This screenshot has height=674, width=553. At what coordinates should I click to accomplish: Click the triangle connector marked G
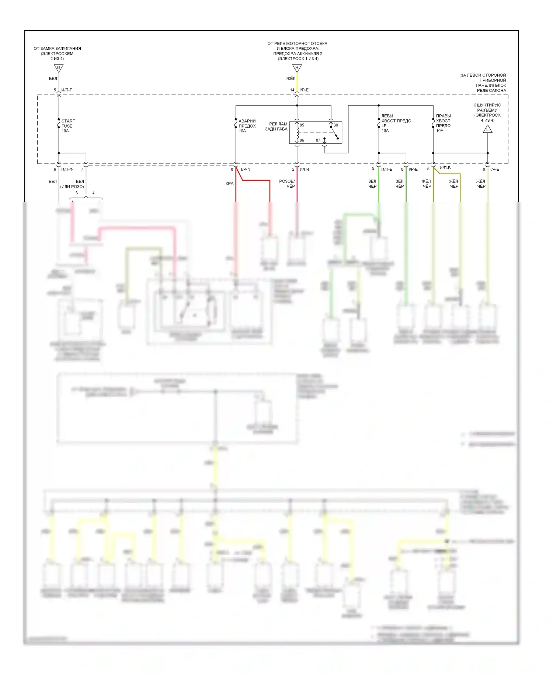point(59,68)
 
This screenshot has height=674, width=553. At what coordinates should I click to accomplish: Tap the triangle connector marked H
point(297,68)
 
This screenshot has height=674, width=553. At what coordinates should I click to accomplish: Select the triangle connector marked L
point(487,129)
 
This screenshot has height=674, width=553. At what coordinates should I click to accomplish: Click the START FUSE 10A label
point(68,126)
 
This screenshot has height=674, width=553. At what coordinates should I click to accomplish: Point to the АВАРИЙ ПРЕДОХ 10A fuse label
point(247,126)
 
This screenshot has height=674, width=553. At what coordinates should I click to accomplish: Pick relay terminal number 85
point(302,125)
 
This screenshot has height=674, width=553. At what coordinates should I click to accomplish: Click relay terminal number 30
point(335,125)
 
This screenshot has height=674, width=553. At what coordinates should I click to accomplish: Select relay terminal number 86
point(302,140)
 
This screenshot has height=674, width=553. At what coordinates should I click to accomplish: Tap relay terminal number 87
point(318,140)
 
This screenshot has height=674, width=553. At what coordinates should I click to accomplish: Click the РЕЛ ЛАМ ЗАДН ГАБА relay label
point(276,126)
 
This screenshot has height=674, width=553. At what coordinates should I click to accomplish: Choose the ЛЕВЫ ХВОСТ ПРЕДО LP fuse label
point(396,123)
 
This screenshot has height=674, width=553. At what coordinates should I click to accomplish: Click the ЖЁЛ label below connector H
point(291,79)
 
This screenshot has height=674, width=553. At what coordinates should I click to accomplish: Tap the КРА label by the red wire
point(229,184)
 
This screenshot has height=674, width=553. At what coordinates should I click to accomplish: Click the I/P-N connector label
point(246,170)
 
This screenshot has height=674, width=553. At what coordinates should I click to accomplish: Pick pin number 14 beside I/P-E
point(292,90)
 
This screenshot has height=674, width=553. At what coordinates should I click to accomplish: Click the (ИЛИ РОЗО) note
point(72,187)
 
